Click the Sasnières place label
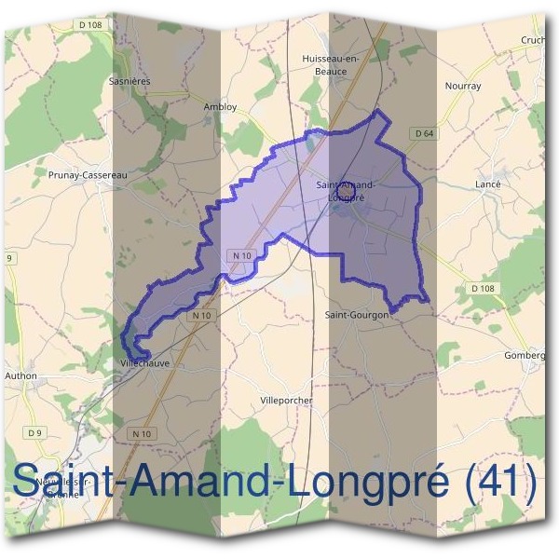(x=130, y=81)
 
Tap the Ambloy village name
(x=220, y=107)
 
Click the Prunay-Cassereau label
(x=87, y=173)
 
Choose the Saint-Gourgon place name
(x=356, y=315)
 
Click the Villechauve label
(x=145, y=363)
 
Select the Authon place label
(x=20, y=375)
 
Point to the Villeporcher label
(x=287, y=400)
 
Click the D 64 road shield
(x=424, y=134)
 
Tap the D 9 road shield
(x=35, y=432)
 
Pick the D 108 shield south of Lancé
(x=483, y=289)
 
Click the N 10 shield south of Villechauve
(x=142, y=433)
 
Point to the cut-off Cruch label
(x=533, y=40)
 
